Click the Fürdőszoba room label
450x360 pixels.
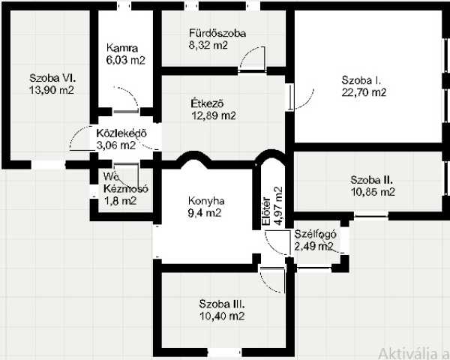(x=217, y=33)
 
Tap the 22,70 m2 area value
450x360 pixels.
(x=364, y=92)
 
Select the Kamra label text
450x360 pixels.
(x=122, y=48)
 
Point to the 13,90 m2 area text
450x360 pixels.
(x=52, y=90)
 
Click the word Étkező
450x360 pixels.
(x=207, y=103)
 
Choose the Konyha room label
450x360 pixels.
(x=206, y=201)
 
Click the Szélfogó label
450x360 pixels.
(x=315, y=234)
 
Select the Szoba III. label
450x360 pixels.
(x=222, y=304)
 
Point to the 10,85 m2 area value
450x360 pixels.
(x=373, y=191)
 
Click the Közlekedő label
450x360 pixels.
(x=121, y=133)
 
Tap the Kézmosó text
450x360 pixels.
(x=126, y=188)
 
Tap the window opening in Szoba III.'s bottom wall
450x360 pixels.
(x=224, y=352)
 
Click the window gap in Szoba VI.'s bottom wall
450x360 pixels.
(x=48, y=164)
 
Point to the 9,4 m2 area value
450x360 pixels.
(x=204, y=213)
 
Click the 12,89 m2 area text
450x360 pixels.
(x=214, y=115)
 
